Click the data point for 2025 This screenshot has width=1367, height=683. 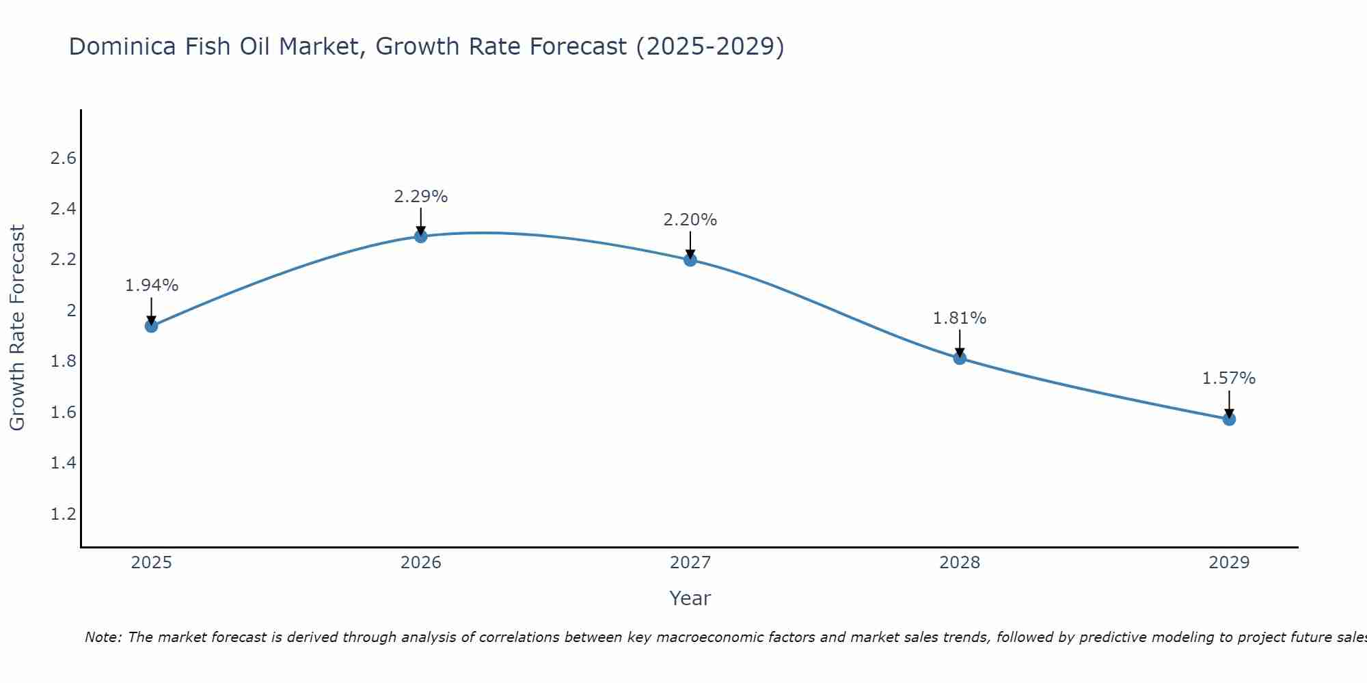151,326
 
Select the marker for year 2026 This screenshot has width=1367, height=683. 421,236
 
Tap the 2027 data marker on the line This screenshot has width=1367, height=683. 690,260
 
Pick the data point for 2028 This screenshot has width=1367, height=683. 960,358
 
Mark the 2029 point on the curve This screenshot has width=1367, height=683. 1229,419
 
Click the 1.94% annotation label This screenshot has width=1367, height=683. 151,285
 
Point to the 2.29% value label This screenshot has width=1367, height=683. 421,197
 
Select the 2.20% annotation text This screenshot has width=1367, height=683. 690,220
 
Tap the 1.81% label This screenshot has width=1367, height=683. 960,318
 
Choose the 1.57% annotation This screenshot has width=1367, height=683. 1229,378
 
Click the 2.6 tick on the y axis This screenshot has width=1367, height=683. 63,158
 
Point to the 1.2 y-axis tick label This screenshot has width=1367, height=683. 63,514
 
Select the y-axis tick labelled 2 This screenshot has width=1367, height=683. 70,311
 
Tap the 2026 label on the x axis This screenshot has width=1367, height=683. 421,563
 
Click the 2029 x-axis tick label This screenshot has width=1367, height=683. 1229,563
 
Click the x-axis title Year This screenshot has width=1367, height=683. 690,598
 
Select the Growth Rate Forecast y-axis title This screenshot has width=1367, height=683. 18,328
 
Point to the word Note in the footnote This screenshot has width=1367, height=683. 103,637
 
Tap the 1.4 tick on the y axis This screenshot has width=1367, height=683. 63,463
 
